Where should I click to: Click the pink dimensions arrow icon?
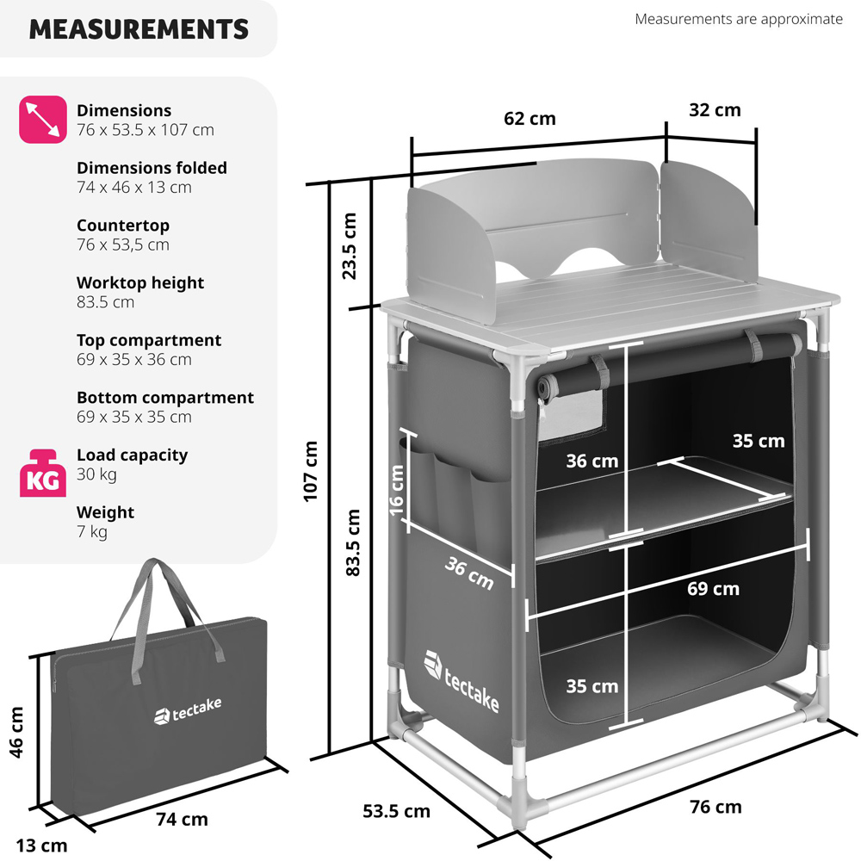43,119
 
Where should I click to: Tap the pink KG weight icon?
43,474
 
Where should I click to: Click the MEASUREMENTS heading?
139,29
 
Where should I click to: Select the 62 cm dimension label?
530,119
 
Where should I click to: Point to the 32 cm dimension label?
715,110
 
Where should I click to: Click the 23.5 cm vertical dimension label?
350,246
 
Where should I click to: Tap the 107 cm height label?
310,471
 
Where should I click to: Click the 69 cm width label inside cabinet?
713,589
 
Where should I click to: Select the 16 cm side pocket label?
396,491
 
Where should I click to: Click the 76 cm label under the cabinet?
715,807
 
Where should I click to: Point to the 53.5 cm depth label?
396,811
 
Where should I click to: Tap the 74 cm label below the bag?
182,820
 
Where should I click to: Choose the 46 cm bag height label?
16,733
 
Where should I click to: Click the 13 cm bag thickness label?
41,846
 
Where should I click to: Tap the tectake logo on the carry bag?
188,711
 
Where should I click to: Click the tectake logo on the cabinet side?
461,681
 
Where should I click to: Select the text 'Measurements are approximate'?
739,19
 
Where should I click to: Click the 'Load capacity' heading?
132,455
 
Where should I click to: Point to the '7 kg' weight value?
92,531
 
